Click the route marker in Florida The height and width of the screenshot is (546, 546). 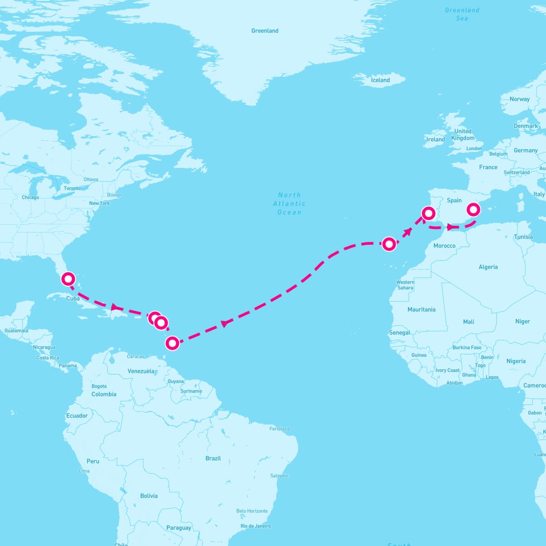(68, 278)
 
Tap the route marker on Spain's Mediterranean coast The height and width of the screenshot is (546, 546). (473, 209)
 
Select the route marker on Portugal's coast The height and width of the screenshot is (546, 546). (429, 213)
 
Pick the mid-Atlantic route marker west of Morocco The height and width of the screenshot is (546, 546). (389, 244)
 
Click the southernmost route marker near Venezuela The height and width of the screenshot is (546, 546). (172, 343)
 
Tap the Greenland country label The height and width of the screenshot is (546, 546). (265, 31)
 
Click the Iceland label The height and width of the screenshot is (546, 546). (380, 80)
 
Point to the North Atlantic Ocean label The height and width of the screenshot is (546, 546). (289, 203)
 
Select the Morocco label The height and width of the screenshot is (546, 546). (445, 246)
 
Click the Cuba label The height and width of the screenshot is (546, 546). (73, 298)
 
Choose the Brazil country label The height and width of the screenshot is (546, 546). (213, 458)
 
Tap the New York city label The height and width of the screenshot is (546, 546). (99, 203)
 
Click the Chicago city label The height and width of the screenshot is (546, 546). (30, 197)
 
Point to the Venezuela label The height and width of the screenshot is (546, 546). (141, 371)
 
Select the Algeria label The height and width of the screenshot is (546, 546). (488, 267)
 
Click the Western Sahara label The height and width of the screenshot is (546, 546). (405, 285)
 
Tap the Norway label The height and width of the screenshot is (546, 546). (520, 99)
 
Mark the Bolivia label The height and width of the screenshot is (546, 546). (149, 496)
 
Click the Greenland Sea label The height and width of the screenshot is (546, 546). (462, 14)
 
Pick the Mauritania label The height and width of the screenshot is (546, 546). (421, 309)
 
